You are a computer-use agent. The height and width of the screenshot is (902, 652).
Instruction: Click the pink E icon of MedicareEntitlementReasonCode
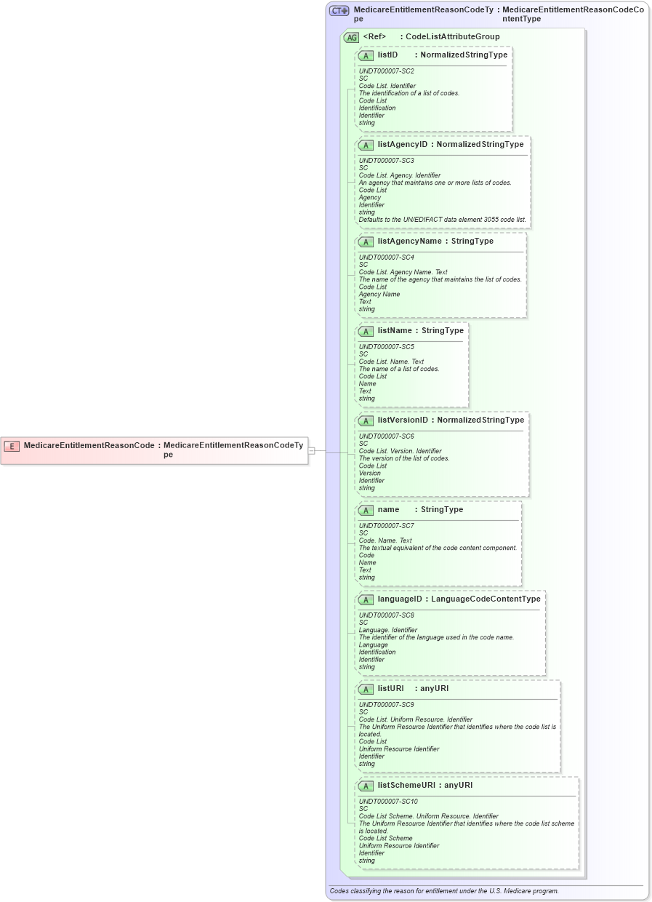coord(12,446)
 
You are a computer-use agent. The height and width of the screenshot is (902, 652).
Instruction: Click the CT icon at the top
coord(339,11)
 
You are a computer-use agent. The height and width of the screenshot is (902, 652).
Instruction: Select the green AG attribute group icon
coord(351,37)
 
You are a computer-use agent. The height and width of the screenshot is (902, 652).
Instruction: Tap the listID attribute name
coord(387,55)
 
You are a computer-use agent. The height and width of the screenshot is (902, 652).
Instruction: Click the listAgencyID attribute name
coord(403,145)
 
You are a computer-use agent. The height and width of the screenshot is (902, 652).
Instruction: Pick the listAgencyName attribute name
coord(409,242)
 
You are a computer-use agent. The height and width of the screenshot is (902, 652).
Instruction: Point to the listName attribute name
coord(395,331)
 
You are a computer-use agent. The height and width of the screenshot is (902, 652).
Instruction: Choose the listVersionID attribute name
coord(403,420)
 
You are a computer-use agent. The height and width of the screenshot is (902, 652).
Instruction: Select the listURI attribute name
coord(390,689)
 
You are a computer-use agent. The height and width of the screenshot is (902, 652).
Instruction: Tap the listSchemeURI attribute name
coord(408,786)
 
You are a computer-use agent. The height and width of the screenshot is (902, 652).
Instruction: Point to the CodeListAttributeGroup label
coord(452,37)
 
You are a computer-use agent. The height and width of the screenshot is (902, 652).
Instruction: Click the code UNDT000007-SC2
coord(387,71)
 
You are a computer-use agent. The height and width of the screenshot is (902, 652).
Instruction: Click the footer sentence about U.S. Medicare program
coord(444,891)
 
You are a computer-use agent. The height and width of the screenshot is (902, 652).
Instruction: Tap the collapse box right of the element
coord(311,451)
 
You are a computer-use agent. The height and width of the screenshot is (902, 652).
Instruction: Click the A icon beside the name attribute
coord(366,510)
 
